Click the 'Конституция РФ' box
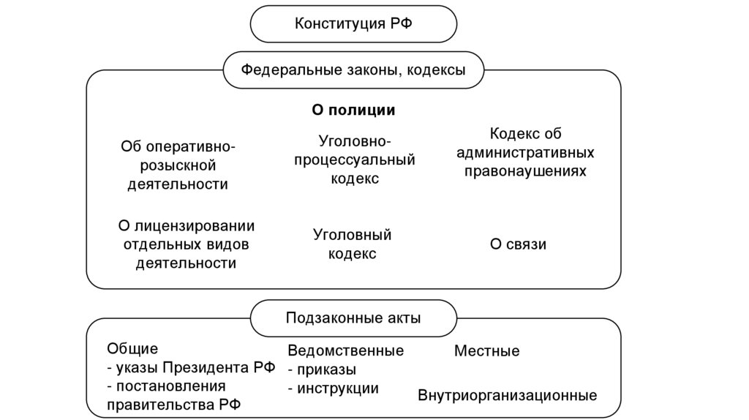[x=353, y=24]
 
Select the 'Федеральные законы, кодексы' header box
[x=353, y=71]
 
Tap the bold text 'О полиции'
[x=353, y=110]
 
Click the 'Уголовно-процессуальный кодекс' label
[x=355, y=160]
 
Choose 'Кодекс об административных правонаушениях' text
[x=524, y=153]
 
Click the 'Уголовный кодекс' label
[x=353, y=244]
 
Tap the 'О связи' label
[x=518, y=244]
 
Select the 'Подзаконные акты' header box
[x=353, y=318]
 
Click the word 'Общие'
[x=132, y=349]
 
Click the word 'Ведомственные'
[x=345, y=351]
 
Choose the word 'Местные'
[x=486, y=351]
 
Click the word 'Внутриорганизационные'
[x=507, y=396]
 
